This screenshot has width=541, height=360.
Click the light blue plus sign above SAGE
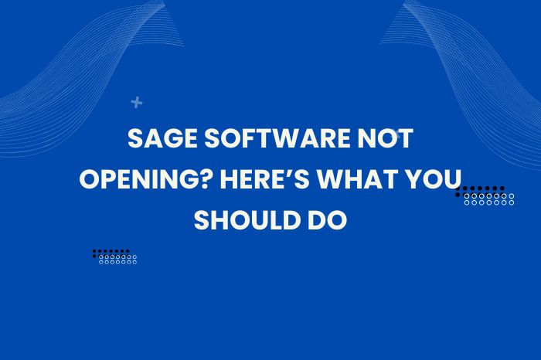pyautogui.click(x=137, y=102)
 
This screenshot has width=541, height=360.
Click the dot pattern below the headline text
pyautogui.click(x=114, y=256)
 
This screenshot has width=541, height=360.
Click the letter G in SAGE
pyautogui.click(x=166, y=141)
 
